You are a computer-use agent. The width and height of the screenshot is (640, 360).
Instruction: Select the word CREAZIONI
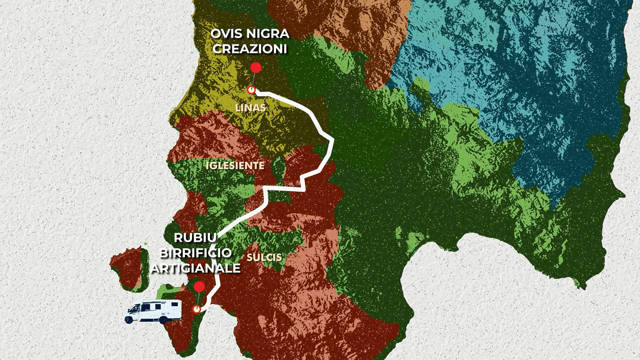[x=248, y=49]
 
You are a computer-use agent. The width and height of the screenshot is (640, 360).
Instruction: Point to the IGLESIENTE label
[x=234, y=165]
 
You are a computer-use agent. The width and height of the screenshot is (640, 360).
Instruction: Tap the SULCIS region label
[x=264, y=257]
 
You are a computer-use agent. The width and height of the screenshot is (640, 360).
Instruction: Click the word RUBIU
[x=195, y=238]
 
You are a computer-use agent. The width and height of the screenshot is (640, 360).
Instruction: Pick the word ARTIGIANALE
[x=195, y=268]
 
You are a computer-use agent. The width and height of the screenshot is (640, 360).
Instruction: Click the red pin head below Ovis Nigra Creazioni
[x=256, y=68]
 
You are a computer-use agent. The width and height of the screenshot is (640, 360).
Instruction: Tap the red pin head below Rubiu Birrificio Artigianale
[x=199, y=286]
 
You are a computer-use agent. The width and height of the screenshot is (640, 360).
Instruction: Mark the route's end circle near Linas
[x=251, y=90]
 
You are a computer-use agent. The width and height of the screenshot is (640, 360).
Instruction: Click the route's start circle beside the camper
[x=197, y=309]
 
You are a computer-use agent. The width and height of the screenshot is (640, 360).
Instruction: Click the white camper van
[x=153, y=311]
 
